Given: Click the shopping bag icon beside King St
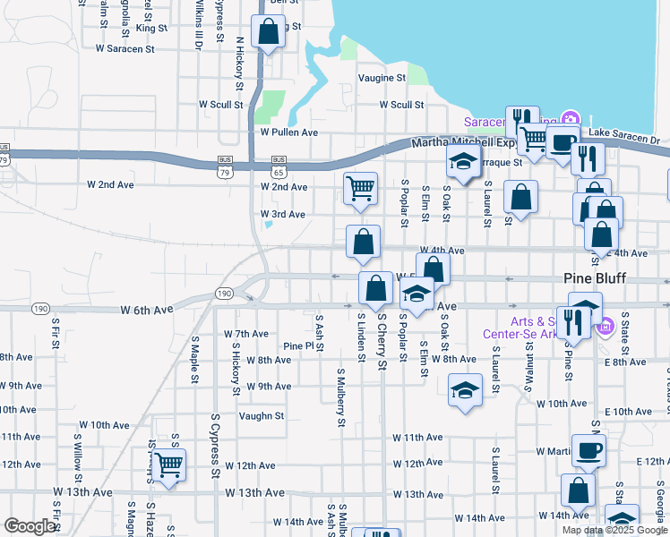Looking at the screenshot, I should pyautogui.click(x=268, y=32).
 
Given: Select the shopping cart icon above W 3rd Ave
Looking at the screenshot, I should pyautogui.click(x=360, y=188).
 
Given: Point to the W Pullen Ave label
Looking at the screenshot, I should pyautogui.click(x=288, y=132).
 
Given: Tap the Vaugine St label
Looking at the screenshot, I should pyautogui.click(x=382, y=78).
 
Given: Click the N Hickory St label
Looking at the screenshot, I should pyautogui.click(x=239, y=64).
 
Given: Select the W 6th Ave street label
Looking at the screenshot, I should pyautogui.click(x=146, y=310).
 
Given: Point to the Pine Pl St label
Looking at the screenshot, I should pyautogui.click(x=303, y=345).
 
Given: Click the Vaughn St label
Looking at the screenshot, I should pyautogui.click(x=261, y=415).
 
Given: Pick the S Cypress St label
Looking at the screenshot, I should pyautogui.click(x=215, y=445).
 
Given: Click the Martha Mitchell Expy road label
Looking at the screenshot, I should pyautogui.click(x=464, y=143).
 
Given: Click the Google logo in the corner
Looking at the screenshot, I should pyautogui.click(x=30, y=525).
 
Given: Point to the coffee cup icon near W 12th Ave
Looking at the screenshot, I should pyautogui.click(x=588, y=451).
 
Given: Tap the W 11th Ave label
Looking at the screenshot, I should pyautogui.click(x=417, y=437).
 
